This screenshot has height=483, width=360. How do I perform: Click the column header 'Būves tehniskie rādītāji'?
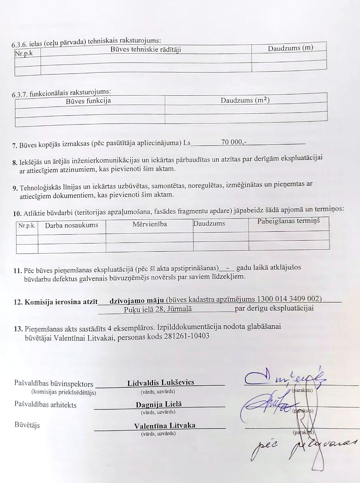pyautogui.click(x=146, y=49)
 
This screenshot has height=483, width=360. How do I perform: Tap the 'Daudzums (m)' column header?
pyautogui.click(x=290, y=48)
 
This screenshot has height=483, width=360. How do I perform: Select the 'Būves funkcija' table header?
pyautogui.click(x=88, y=101)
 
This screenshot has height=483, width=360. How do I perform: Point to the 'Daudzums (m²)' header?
pyautogui.click(x=245, y=100)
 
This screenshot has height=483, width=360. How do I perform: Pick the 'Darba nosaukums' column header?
pyautogui.click(x=71, y=225)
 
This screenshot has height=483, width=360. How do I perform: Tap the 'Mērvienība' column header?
pyautogui.click(x=150, y=224)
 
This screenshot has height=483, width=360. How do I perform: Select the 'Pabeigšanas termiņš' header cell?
pyautogui.click(x=288, y=221)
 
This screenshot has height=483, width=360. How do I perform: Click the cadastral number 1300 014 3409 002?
pyautogui.click(x=289, y=299)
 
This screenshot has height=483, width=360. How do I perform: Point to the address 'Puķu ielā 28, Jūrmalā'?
pyautogui.click(x=158, y=309)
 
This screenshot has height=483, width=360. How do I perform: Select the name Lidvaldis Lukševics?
pyautogui.click(x=161, y=382)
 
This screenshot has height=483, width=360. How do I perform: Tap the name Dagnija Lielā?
pyautogui.click(x=159, y=404)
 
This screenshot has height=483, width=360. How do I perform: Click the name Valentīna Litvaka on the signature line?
pyautogui.click(x=164, y=425)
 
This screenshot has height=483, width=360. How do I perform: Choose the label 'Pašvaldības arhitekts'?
pyautogui.click(x=45, y=405)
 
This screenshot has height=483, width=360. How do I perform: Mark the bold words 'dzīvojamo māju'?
pyautogui.click(x=136, y=300)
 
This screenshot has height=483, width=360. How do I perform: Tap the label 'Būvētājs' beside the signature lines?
pyautogui.click(x=27, y=425)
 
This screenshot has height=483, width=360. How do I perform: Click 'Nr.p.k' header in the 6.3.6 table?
pyautogui.click(x=24, y=53)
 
